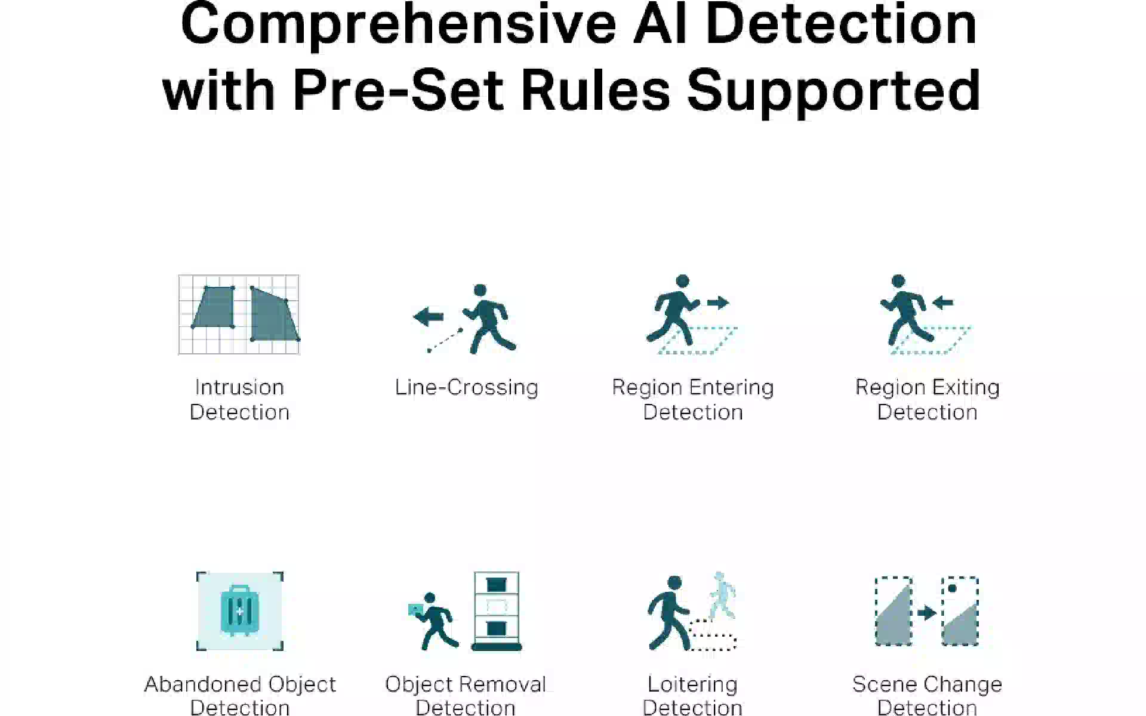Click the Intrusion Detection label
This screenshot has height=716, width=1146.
[239, 400]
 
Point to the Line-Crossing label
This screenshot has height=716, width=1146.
[467, 387]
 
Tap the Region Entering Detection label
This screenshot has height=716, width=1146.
[693, 400]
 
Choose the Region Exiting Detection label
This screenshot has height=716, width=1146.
[928, 400]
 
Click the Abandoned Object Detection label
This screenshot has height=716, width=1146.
[240, 695]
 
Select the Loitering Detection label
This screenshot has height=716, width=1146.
[692, 695]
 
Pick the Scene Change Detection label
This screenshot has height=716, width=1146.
[928, 695]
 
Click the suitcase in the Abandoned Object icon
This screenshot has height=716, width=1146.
[239, 609]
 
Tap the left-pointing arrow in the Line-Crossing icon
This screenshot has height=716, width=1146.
[429, 316]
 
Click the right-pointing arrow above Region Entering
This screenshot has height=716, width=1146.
[718, 303]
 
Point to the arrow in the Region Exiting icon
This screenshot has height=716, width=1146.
[943, 303]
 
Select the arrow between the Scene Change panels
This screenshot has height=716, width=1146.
[927, 613]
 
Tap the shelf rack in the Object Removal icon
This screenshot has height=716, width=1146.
[497, 611]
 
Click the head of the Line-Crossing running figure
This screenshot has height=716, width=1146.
[480, 291]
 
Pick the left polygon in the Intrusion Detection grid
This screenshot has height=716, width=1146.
[213, 307]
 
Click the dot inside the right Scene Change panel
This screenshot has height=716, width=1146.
[953, 588]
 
